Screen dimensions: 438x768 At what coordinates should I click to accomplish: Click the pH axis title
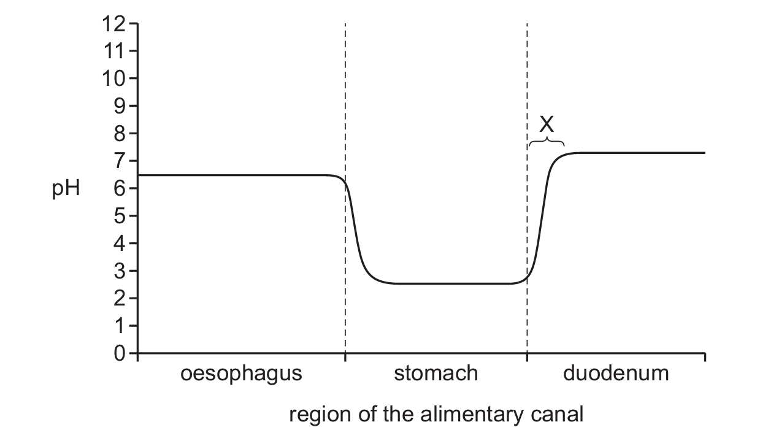pyautogui.click(x=66, y=189)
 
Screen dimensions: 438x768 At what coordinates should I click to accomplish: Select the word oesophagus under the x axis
pyautogui.click(x=241, y=373)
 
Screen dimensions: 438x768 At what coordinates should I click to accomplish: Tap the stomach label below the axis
pyautogui.click(x=436, y=373)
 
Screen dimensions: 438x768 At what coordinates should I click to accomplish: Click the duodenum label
pyautogui.click(x=616, y=373)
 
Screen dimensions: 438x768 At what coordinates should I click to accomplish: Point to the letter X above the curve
pyautogui.click(x=546, y=125)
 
